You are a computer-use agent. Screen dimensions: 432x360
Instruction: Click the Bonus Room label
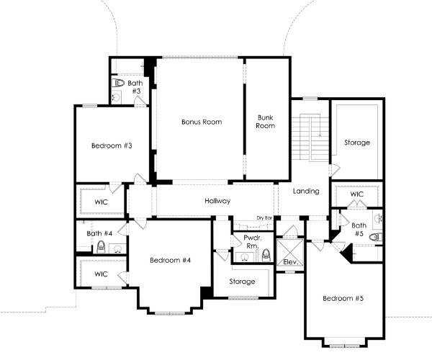[x=202, y=122]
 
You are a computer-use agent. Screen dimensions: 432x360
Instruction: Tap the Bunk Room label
[x=265, y=122]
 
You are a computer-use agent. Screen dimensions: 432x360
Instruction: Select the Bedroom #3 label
[x=112, y=145]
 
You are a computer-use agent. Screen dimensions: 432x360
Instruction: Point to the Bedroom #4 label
[x=170, y=260]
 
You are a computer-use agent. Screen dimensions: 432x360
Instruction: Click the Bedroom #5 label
[x=343, y=298]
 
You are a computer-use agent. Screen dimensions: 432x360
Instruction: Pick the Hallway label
[x=217, y=201]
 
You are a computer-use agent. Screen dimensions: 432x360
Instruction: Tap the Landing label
[x=306, y=191]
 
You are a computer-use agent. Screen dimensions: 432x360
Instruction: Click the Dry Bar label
[x=264, y=218]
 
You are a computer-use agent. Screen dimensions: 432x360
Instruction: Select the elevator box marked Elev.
[x=290, y=252]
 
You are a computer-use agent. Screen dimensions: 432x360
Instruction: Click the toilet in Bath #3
[x=118, y=82]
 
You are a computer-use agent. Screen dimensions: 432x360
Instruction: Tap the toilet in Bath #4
[x=101, y=247]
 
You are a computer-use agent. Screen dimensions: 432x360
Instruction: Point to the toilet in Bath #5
[x=376, y=237]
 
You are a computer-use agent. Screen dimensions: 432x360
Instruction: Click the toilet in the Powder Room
[x=266, y=255]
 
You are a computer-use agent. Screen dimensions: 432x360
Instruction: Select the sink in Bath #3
[x=116, y=97]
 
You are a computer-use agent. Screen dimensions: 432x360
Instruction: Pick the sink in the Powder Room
[x=244, y=257]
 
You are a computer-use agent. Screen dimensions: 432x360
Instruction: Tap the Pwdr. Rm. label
[x=251, y=242]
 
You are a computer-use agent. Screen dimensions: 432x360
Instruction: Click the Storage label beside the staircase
[x=357, y=143]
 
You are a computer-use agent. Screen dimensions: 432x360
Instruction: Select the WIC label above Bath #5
[x=357, y=194]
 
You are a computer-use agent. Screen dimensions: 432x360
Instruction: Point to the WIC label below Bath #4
[x=101, y=274]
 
